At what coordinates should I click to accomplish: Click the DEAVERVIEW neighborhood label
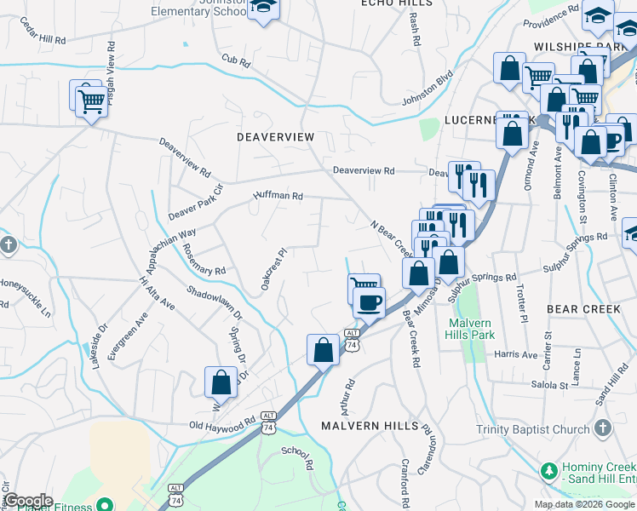pyautogui.click(x=275, y=137)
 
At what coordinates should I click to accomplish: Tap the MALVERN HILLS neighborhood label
pyautogui.click(x=369, y=425)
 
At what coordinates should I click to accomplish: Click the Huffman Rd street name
pyautogui.click(x=278, y=196)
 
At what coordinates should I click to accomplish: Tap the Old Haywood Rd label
pyautogui.click(x=222, y=422)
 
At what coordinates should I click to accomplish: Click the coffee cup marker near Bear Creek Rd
pyautogui.click(x=369, y=302)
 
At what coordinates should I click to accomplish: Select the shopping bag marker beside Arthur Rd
pyautogui.click(x=323, y=349)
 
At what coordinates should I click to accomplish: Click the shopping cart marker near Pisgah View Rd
pyautogui.click(x=90, y=101)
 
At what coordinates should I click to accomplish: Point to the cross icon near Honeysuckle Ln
pyautogui.click(x=8, y=246)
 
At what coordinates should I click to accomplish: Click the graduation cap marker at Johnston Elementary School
pyautogui.click(x=264, y=7)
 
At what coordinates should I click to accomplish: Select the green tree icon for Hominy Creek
pyautogui.click(x=549, y=470)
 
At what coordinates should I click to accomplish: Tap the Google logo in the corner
pyautogui.click(x=28, y=501)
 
